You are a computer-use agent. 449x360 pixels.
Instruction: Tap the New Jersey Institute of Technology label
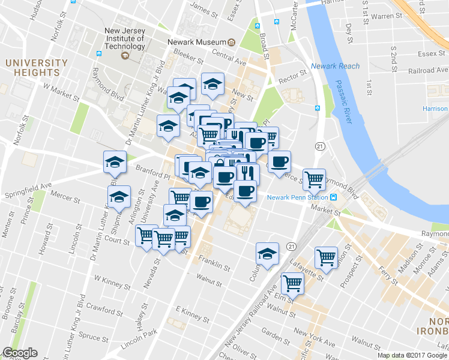point(124,38)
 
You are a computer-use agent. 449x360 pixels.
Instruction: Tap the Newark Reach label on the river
point(336,66)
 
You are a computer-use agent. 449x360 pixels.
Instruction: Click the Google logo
point(20,353)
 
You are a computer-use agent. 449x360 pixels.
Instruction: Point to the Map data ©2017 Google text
point(412,355)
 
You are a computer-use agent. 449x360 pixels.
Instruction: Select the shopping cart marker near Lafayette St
point(326,257)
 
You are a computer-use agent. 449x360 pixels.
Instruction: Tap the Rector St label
point(292,76)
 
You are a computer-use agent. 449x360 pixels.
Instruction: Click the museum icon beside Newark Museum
point(231,42)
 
